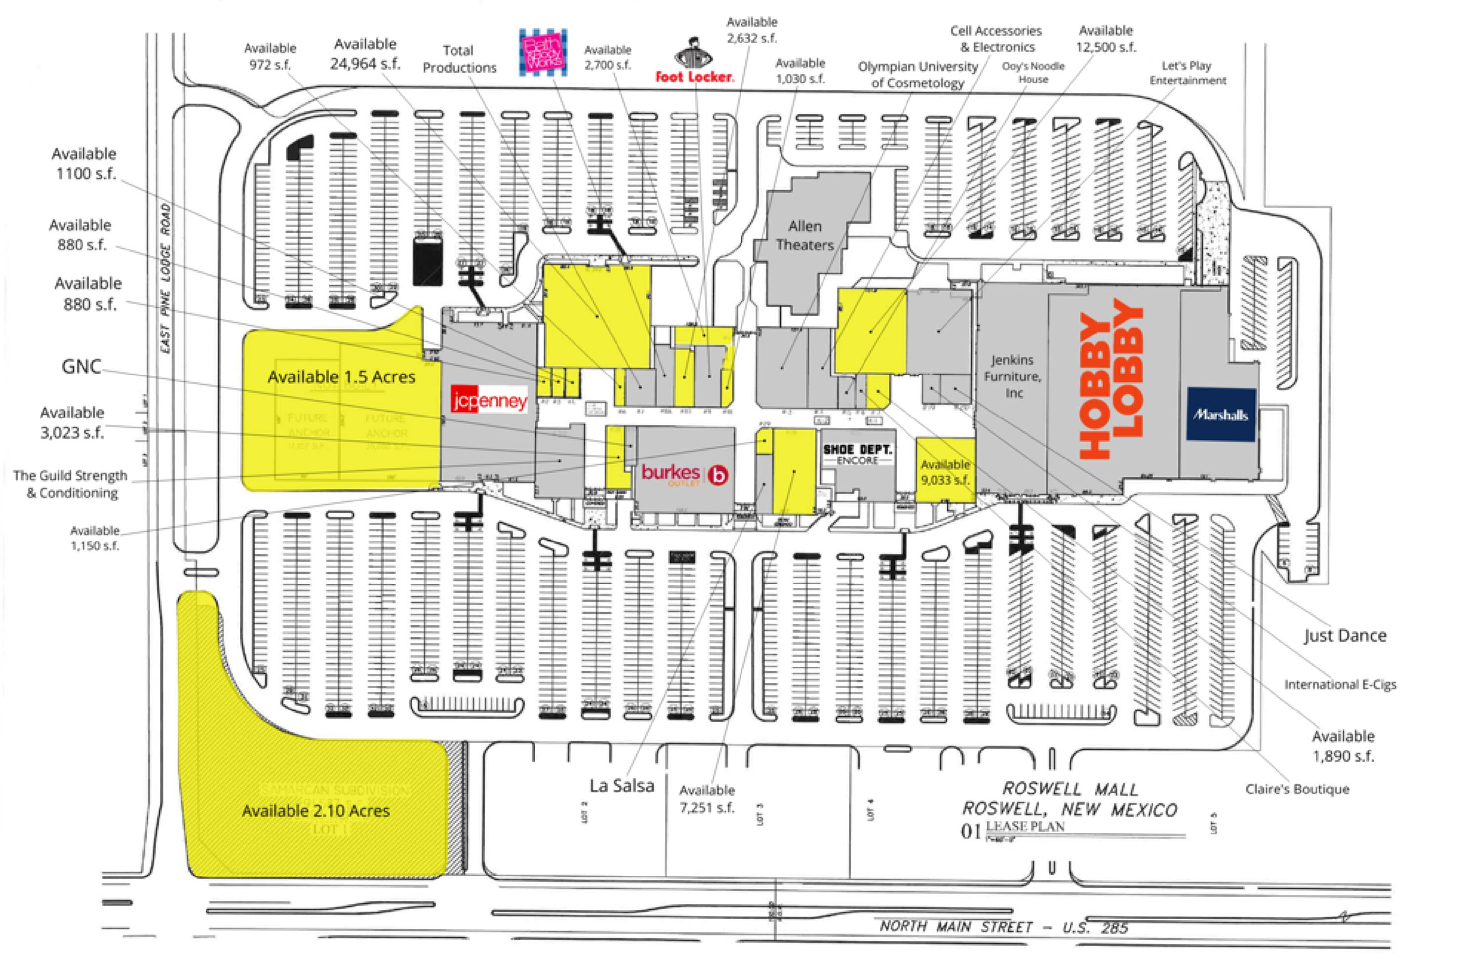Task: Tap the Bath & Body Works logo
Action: (x=543, y=53)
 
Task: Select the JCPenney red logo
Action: (x=490, y=400)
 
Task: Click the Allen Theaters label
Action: (x=805, y=235)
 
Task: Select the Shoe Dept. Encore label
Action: (x=858, y=454)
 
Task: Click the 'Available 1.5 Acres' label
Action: (x=341, y=377)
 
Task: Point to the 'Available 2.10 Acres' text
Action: (x=316, y=811)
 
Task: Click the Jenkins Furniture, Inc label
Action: (x=1013, y=376)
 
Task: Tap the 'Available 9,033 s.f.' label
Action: (x=945, y=472)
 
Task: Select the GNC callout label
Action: (x=81, y=366)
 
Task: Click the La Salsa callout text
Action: (x=621, y=786)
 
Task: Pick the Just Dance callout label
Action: (x=1345, y=636)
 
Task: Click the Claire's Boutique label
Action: (x=1297, y=789)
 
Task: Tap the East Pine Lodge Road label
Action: (x=165, y=278)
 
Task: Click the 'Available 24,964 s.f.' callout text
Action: (x=365, y=53)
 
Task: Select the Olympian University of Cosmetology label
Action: (x=917, y=75)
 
